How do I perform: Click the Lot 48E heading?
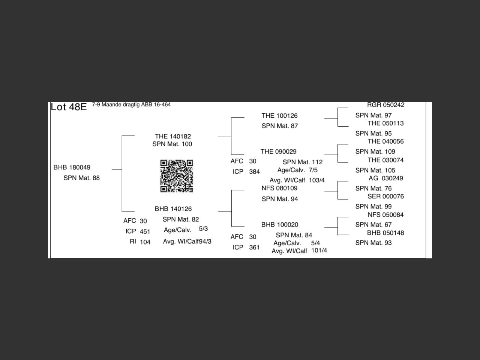tap(69, 107)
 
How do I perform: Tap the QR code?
tap(177, 176)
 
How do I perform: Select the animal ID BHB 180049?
tap(72, 167)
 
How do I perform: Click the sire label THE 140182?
tap(173, 136)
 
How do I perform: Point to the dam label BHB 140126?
tap(173, 209)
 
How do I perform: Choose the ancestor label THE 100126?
tap(280, 115)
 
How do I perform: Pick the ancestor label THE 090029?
tap(279, 151)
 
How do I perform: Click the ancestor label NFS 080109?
tap(280, 188)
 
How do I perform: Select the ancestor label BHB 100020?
tap(280, 225)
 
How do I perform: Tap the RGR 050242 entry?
tap(385, 105)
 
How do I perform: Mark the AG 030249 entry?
tap(385, 178)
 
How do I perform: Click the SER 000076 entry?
tap(385, 196)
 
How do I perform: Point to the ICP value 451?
tap(145, 232)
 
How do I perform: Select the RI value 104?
tap(145, 242)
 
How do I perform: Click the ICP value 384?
tap(254, 172)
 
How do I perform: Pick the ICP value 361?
tap(254, 247)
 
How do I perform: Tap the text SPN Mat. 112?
tap(303, 162)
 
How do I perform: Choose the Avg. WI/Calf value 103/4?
tap(317, 180)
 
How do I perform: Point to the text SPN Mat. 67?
tap(373, 225)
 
